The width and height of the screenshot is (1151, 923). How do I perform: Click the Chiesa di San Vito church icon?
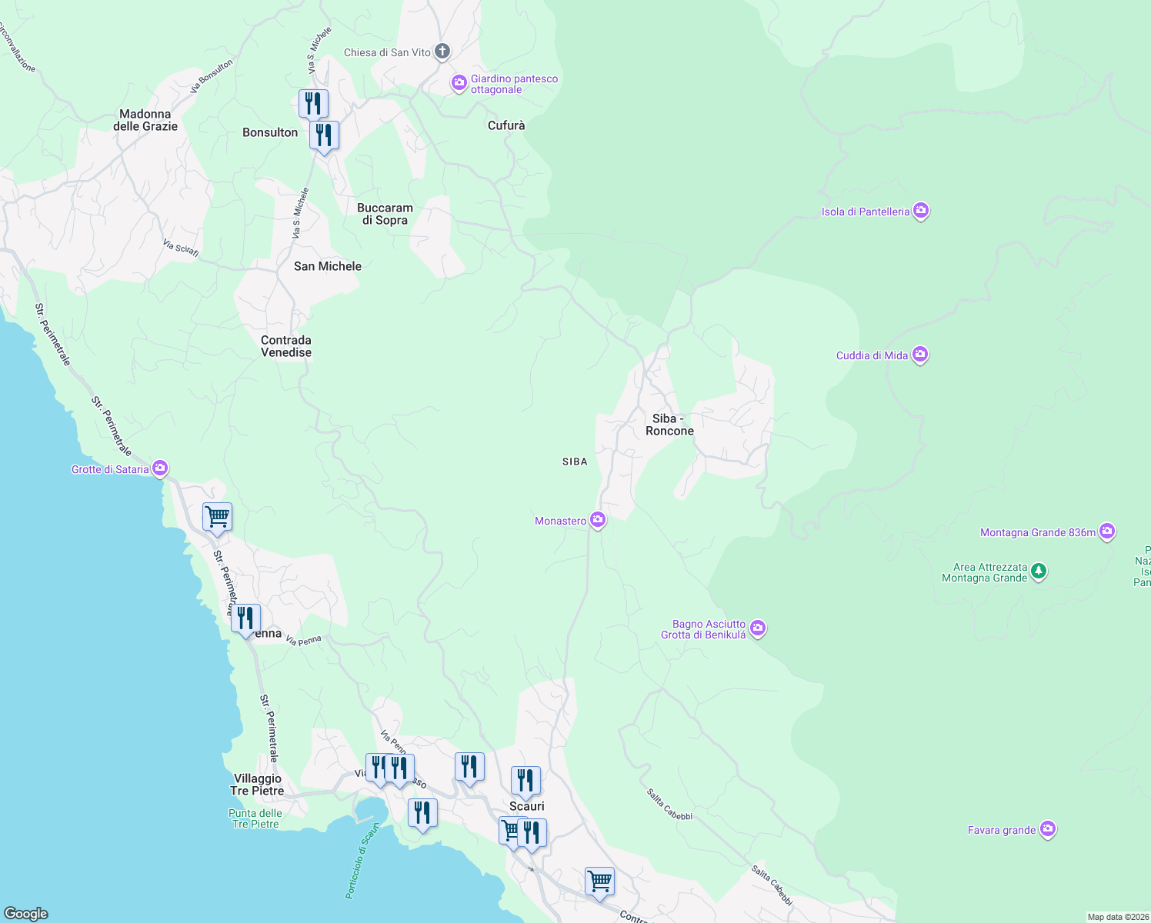click(x=442, y=52)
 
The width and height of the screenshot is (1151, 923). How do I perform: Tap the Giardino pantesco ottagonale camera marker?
click(x=459, y=83)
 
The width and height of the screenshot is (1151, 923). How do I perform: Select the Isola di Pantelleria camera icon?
click(x=921, y=211)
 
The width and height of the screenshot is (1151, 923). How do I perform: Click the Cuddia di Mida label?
click(x=872, y=355)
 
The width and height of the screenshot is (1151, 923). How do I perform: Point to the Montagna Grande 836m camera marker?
click(x=1107, y=531)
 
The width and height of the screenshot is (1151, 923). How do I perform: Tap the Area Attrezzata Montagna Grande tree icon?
click(x=1039, y=571)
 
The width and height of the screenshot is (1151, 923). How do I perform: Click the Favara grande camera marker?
click(x=1048, y=829)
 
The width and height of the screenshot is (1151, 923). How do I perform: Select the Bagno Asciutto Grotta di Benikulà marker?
click(x=758, y=629)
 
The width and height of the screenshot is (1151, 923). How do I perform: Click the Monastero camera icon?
click(x=598, y=521)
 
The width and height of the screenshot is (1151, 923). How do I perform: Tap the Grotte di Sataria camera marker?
click(x=160, y=468)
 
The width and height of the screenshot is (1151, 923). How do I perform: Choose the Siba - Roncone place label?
click(x=669, y=425)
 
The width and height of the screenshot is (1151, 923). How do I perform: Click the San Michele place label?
click(x=328, y=266)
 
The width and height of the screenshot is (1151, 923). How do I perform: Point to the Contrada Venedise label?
click(x=286, y=346)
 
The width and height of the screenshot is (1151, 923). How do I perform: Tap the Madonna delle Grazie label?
click(x=145, y=120)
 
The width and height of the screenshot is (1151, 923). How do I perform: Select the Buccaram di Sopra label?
click(x=385, y=214)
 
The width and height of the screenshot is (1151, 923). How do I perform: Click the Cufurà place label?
click(x=506, y=125)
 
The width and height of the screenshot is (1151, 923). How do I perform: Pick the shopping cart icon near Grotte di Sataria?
click(x=217, y=517)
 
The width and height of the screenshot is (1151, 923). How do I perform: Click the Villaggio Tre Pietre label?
click(x=257, y=785)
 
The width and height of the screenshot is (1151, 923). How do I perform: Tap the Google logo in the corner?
click(x=26, y=914)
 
